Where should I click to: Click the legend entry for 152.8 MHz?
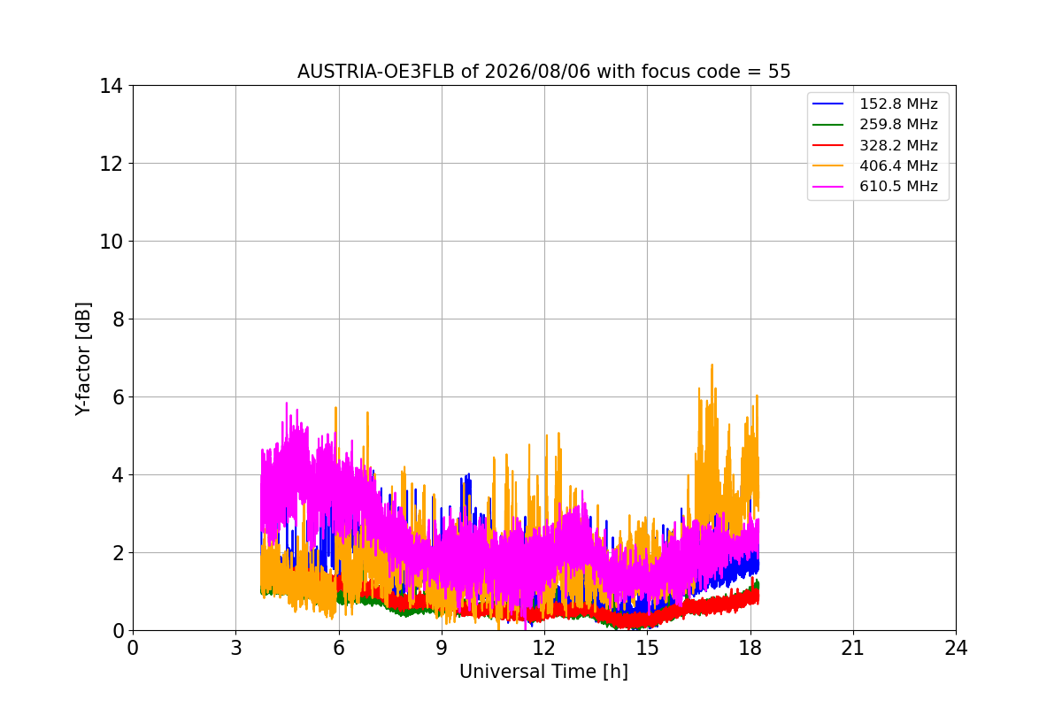[x=875, y=104]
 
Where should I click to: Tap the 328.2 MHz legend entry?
[x=875, y=145]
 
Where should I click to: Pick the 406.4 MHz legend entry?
[x=875, y=165]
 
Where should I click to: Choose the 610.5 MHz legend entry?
[x=875, y=186]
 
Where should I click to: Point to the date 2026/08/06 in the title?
[x=538, y=72]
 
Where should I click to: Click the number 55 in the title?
[x=780, y=72]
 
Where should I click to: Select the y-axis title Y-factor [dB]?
[x=83, y=359]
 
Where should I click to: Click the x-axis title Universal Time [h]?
[x=543, y=672]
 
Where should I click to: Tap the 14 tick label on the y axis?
[x=111, y=86]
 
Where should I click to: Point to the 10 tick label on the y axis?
[x=111, y=242]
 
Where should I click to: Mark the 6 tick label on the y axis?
[x=118, y=397]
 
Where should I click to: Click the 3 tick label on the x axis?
[x=236, y=648]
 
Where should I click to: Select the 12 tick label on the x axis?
[x=544, y=648]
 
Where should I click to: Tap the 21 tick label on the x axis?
[x=853, y=648]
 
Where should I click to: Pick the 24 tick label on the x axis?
[x=956, y=648]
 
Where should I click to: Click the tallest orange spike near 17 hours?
[x=712, y=366]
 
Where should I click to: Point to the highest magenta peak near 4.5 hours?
[x=287, y=404]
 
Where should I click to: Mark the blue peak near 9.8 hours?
[x=468, y=474]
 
